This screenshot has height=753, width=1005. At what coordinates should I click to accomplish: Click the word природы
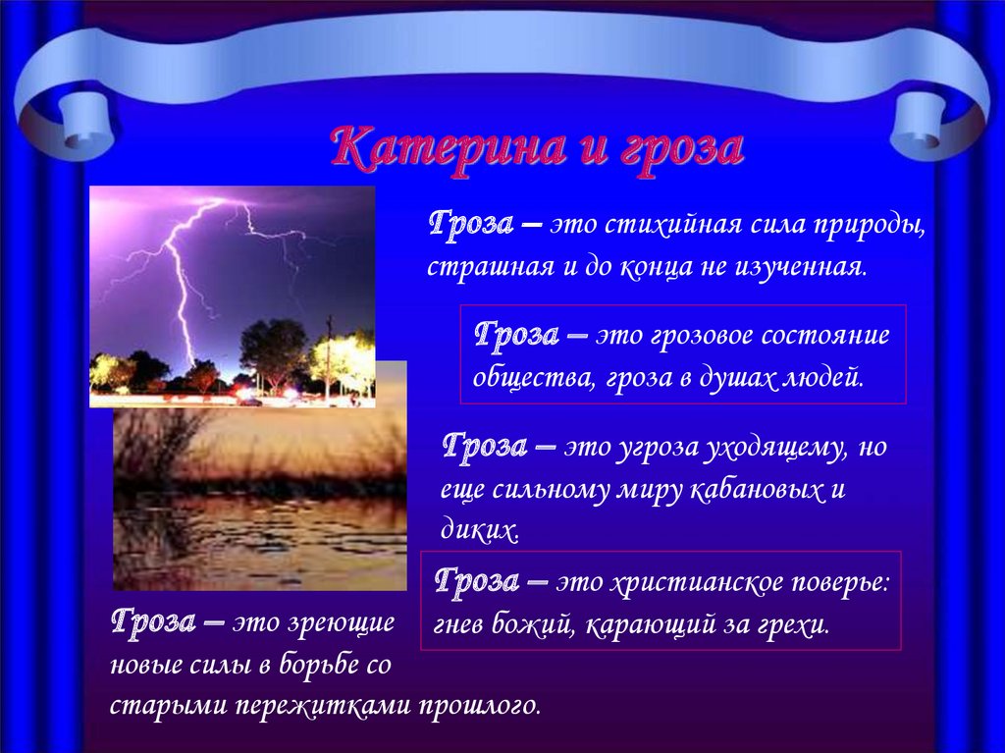coord(870,227)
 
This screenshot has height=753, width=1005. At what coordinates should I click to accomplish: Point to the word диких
coord(479,531)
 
